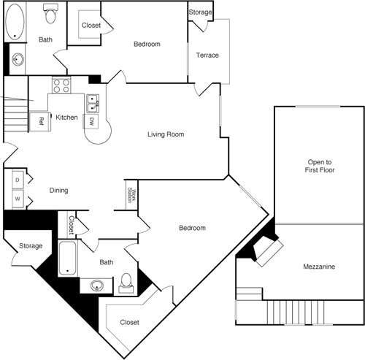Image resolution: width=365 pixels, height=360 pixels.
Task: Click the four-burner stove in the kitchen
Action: click(61, 87)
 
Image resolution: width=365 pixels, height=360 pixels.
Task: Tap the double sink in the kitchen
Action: click(93, 104)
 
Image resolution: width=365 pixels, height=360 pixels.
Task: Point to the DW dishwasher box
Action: click(92, 121)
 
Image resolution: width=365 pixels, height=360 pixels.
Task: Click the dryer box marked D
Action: click(17, 179)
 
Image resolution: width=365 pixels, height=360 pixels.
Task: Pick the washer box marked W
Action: click(17, 198)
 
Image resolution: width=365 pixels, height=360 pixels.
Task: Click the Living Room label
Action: click(166, 134)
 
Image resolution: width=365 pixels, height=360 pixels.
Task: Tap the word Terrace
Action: click(207, 55)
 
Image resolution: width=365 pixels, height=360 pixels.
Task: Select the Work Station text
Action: click(131, 195)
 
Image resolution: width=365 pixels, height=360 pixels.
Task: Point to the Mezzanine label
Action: click(319, 267)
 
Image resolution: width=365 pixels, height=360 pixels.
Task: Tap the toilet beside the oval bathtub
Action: click(50, 12)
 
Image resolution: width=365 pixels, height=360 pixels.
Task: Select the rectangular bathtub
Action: click(68, 259)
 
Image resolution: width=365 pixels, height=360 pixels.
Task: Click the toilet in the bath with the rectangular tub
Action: click(127, 281)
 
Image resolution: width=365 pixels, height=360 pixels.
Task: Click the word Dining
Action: click(59, 191)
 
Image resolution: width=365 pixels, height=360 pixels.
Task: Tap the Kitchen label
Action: click(66, 117)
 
